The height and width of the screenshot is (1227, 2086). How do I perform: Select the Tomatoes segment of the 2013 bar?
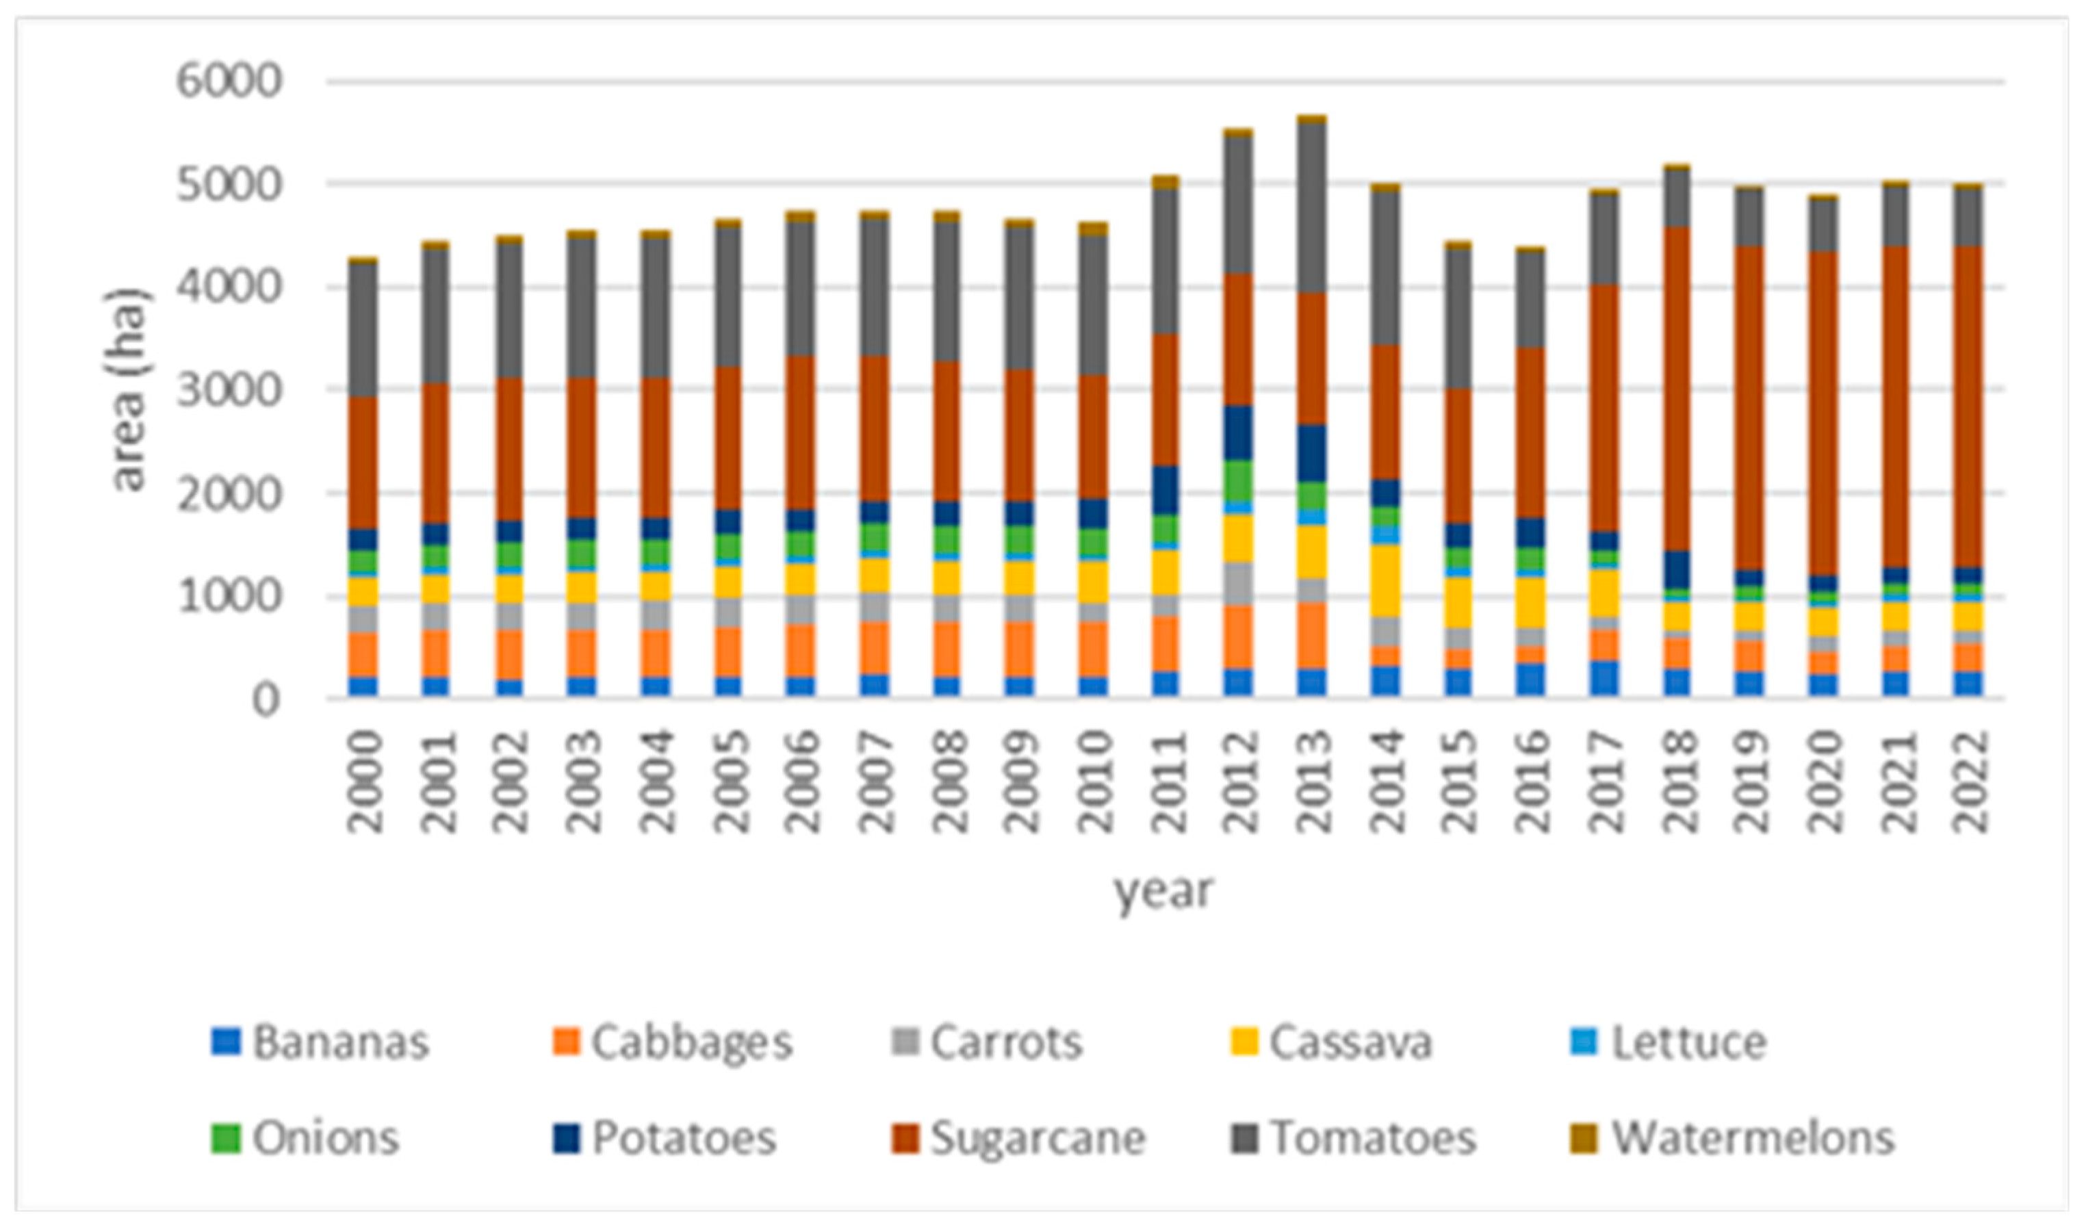(1312, 207)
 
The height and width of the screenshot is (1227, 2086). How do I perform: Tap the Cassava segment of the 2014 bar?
(1385, 580)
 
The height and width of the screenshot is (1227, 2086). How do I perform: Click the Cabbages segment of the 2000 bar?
(363, 655)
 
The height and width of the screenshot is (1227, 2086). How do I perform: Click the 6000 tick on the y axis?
(229, 82)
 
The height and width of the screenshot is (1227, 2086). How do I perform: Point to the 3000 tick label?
(229, 390)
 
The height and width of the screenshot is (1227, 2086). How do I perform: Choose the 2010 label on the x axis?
(1094, 782)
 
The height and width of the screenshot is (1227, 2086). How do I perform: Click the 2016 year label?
(1532, 782)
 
